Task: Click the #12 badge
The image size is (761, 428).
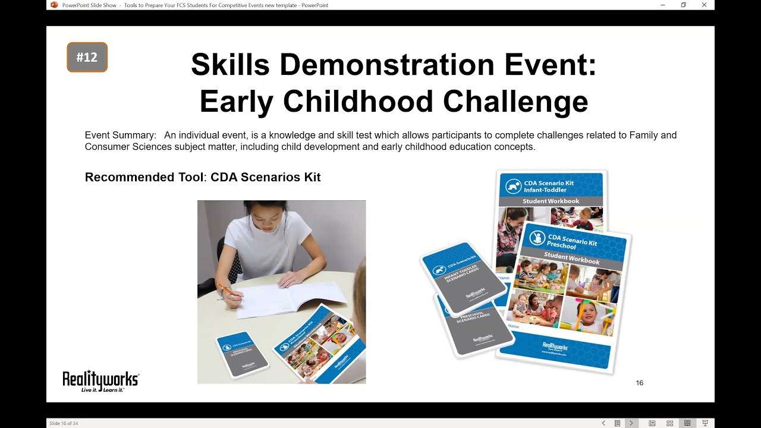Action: tap(87, 57)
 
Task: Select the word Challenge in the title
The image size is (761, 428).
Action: tap(515, 102)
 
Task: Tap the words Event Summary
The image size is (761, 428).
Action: tap(120, 136)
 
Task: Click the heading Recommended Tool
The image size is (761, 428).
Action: tap(144, 177)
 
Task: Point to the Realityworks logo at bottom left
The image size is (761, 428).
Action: tap(100, 380)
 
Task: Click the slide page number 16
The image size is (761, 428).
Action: tap(640, 383)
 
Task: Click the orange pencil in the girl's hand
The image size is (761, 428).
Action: tap(227, 291)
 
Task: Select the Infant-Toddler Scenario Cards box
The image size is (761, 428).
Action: tap(464, 276)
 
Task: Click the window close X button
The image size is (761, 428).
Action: tap(704, 5)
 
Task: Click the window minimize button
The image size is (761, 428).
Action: tap(663, 5)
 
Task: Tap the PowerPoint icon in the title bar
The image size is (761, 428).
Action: tap(54, 5)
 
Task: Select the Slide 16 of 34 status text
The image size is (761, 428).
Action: tap(64, 423)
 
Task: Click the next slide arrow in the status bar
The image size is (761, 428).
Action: tap(631, 423)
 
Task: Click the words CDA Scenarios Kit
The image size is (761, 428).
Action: tap(266, 177)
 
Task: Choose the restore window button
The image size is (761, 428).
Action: tap(684, 5)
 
